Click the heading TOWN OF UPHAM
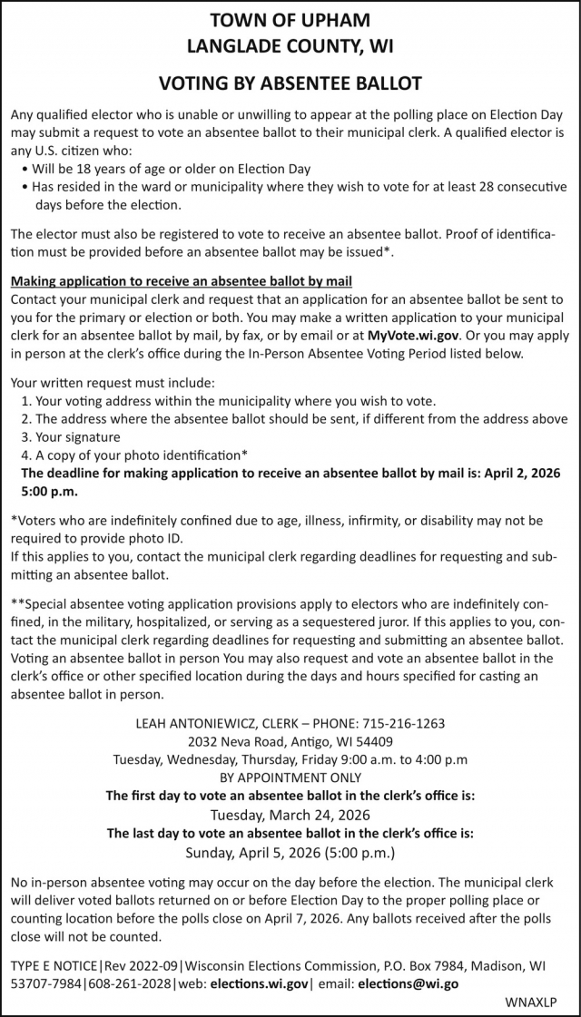(290, 19)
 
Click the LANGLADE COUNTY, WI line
(290, 44)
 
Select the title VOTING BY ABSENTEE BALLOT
(290, 83)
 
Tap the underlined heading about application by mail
(181, 281)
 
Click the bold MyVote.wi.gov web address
(413, 335)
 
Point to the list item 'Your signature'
(82, 436)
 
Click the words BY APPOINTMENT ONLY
(290, 777)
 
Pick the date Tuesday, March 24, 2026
(290, 814)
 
